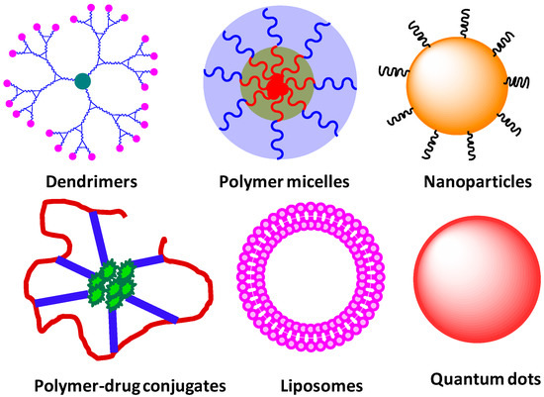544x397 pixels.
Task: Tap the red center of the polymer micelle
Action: click(x=276, y=88)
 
